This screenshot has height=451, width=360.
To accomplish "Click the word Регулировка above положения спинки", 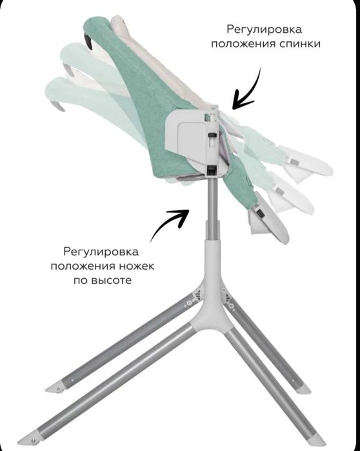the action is pos(264,29).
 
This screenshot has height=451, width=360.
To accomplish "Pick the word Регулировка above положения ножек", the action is pos(101,252).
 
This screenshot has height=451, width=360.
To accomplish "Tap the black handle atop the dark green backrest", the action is pos(88,40).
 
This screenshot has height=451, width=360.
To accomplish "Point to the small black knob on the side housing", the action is pos(212,135).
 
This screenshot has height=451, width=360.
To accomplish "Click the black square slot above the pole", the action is pos(212,170).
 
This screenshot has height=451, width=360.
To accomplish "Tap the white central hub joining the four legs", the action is pos(212,299).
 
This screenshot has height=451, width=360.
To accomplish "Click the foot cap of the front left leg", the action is pos(28,438).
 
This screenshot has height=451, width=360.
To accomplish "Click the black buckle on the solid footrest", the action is pos(261,214).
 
